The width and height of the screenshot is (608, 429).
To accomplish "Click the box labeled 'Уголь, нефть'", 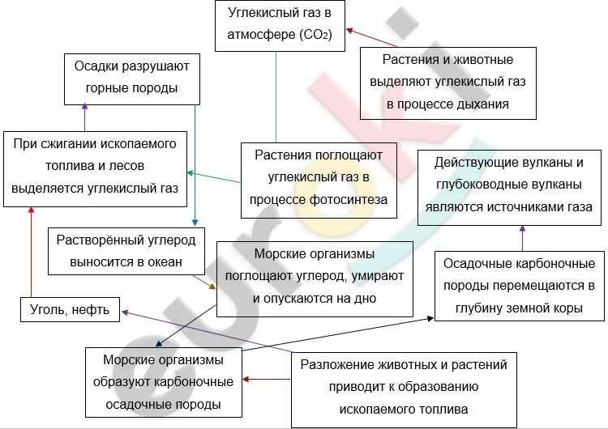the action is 71,309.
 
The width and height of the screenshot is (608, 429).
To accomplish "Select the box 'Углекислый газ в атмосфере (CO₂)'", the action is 280,26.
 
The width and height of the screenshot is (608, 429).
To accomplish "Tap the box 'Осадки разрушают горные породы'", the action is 132,79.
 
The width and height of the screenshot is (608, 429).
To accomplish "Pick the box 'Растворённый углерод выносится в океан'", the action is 126,251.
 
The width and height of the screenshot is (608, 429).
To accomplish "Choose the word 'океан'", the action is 165,262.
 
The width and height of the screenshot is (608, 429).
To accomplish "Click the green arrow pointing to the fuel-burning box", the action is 214,177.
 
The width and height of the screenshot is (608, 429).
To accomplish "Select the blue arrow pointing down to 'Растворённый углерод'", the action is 195,165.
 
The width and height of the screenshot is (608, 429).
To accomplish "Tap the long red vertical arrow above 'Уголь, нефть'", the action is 32,252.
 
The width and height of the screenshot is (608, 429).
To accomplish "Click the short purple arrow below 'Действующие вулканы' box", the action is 522,239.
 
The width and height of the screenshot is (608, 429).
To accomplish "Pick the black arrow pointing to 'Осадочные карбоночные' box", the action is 338,334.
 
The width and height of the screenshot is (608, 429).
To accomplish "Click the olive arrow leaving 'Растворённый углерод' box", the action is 204,282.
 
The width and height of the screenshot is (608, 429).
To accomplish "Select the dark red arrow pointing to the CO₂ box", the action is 371,37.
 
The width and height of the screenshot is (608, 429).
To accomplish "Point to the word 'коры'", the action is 569,308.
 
